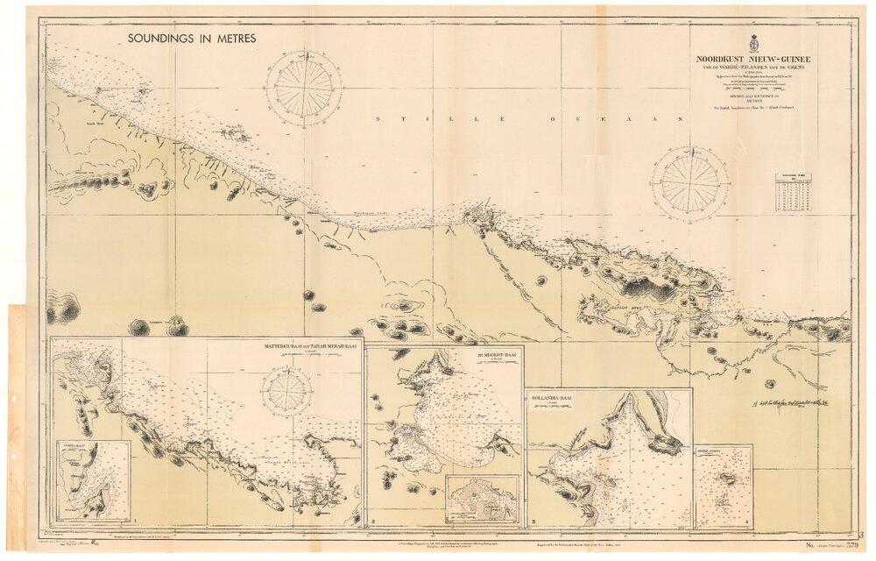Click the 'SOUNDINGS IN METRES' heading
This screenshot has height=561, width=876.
pyautogui.click(x=191, y=39)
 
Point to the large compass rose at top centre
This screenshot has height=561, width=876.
pyautogui.click(x=304, y=88)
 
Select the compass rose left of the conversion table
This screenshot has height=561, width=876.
pyautogui.click(x=690, y=183)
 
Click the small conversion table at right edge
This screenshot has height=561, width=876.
pyautogui.click(x=793, y=192)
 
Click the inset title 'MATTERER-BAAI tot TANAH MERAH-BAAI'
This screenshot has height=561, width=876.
pyautogui.click(x=310, y=347)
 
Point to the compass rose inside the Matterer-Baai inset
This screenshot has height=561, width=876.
pyautogui.click(x=286, y=391)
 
